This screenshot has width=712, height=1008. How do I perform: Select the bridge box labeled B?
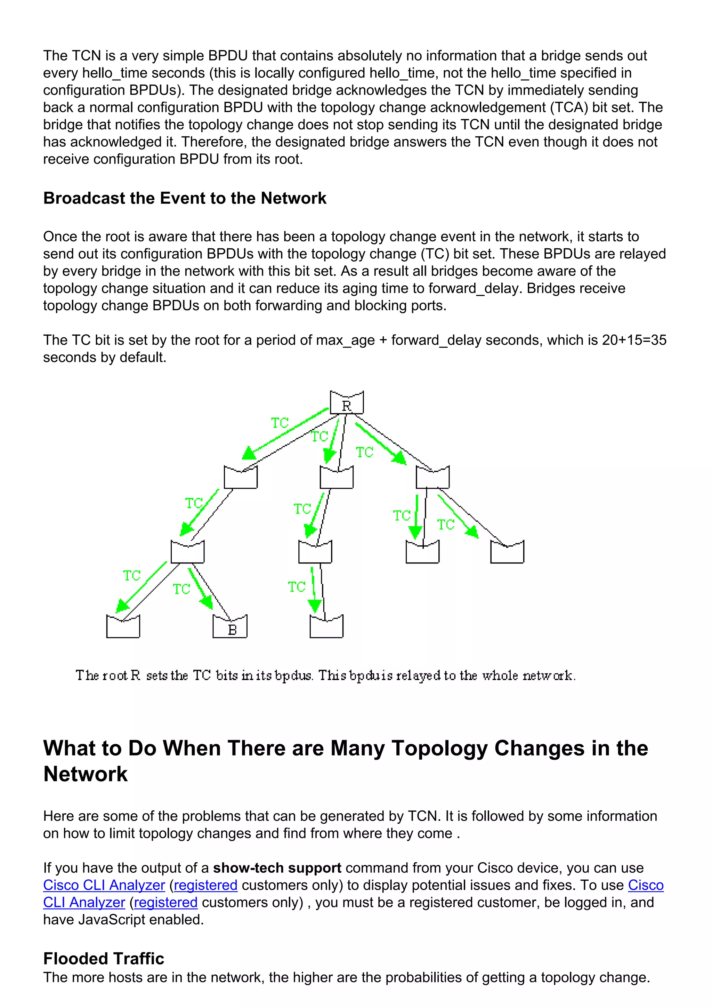230,626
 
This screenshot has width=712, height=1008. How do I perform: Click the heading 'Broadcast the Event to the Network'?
185,199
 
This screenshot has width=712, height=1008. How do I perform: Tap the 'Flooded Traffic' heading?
104,958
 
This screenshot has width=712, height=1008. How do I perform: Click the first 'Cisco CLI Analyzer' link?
104,885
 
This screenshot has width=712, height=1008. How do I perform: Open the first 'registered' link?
206,885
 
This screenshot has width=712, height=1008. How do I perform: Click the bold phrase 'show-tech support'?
277,868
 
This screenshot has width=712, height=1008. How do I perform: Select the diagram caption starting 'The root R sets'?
325,675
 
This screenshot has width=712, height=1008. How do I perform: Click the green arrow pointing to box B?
201,588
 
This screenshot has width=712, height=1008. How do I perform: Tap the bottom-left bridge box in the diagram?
123,626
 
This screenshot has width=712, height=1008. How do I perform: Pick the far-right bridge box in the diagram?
507,552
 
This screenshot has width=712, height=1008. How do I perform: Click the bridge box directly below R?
337,477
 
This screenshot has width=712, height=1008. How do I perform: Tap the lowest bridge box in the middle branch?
326,626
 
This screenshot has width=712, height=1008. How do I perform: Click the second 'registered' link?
165,902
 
